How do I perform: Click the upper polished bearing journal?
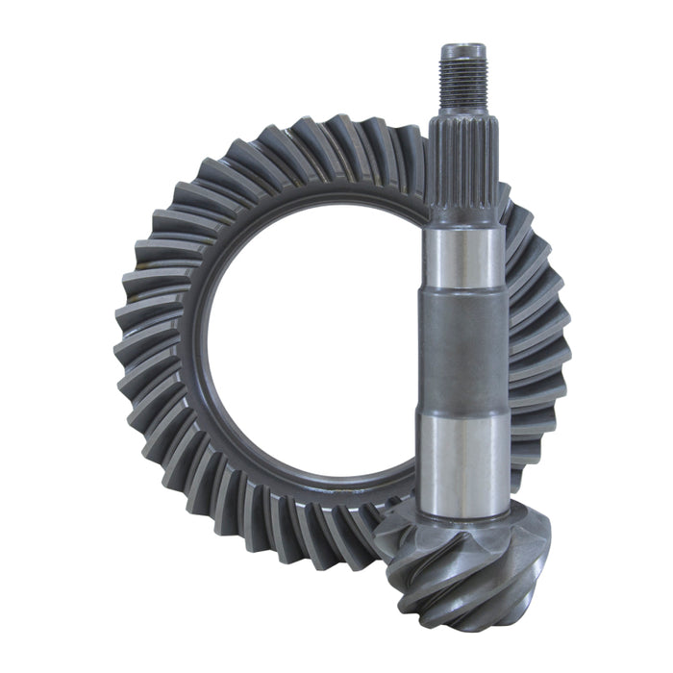[463, 258]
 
